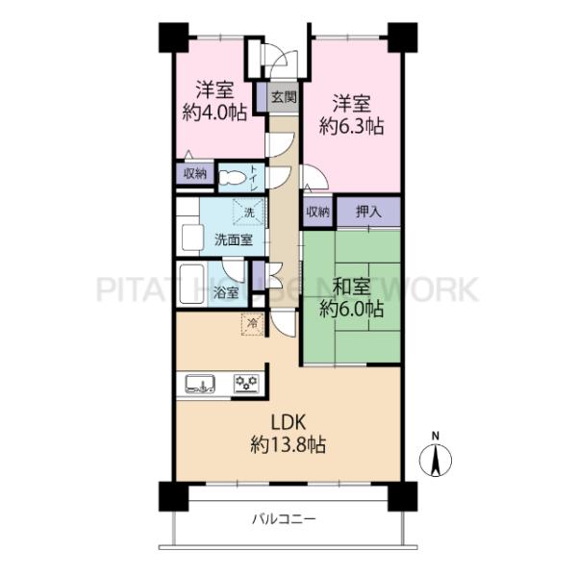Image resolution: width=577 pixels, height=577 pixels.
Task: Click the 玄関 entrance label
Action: coord(284,97)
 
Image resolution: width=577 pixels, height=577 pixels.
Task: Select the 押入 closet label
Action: coord(368,212)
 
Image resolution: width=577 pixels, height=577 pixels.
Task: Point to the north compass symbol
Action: coord(436,460)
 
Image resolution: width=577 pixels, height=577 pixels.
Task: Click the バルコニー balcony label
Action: coord(284,519)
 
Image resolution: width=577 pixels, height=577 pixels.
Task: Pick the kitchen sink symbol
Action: coord(200,384)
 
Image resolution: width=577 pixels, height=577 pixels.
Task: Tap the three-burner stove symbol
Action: coord(247,384)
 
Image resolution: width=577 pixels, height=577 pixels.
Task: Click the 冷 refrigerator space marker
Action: coord(252,324)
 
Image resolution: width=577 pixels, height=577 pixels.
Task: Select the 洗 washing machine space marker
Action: coord(249,212)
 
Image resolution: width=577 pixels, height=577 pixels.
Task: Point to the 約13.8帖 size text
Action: coord(288,445)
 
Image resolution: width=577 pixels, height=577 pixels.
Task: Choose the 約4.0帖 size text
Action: coord(214,113)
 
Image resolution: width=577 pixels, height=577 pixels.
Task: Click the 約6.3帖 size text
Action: coord(352,126)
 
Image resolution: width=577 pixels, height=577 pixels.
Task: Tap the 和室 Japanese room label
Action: coord(351,287)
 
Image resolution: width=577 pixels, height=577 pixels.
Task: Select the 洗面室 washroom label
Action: coord(234,240)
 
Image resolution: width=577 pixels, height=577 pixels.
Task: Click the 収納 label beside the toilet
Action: coord(195,174)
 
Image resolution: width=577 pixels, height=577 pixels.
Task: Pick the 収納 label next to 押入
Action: coord(318,212)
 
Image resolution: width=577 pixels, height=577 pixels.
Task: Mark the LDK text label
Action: coord(288,423)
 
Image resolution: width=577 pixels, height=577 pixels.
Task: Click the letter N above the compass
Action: coord(436,437)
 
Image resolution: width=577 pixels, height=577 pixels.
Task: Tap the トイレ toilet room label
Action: coord(254,179)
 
